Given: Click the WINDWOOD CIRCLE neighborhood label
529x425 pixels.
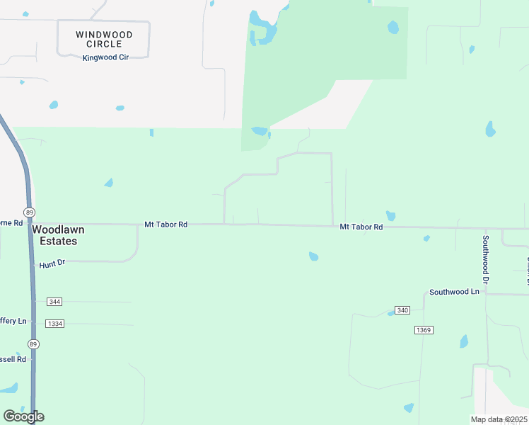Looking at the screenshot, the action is point(103,39).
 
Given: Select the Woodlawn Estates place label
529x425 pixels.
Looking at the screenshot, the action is point(54,235).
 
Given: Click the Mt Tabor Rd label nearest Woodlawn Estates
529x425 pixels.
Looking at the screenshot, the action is point(165,225).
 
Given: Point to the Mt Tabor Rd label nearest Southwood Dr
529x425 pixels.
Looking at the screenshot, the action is point(361,227).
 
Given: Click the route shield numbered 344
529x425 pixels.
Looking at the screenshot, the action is point(54,302).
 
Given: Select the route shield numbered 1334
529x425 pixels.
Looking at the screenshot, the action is point(54,324).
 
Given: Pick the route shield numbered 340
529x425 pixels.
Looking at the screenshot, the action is point(403,311).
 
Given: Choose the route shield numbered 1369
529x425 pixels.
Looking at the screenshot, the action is point(424,330).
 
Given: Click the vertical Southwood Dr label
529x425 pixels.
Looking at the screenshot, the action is point(486,259).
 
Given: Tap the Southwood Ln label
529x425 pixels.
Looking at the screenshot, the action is point(454,292).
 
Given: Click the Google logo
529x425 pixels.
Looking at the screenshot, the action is point(23,416).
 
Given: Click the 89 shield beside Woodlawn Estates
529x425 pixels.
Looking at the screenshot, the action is point(29,212).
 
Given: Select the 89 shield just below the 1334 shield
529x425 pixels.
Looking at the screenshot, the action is point(33,344).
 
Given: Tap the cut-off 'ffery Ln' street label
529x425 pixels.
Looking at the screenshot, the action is point(13,321).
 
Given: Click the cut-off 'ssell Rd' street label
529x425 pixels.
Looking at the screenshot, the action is point(13,359).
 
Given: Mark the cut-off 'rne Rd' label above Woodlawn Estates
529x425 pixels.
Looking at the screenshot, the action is point(11,223).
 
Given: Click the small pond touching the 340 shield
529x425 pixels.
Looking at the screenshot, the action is point(390,313).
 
